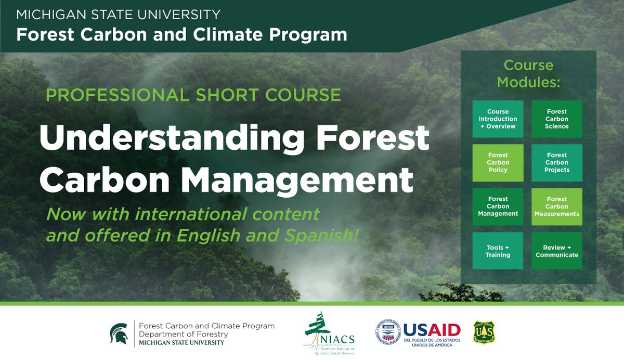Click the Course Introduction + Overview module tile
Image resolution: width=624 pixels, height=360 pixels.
(x=498, y=119)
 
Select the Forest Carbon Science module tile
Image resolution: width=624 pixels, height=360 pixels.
(x=556, y=119)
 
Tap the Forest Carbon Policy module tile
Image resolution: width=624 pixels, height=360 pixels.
(x=498, y=163)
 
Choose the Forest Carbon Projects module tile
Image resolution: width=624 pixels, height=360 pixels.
(x=556, y=163)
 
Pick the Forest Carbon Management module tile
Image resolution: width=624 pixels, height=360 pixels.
(x=498, y=207)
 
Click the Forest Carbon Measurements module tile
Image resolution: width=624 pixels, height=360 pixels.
(x=556, y=207)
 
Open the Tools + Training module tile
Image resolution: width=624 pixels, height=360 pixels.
(x=498, y=251)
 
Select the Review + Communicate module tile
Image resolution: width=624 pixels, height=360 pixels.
(x=556, y=251)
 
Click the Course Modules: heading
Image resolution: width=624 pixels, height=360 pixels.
(x=528, y=73)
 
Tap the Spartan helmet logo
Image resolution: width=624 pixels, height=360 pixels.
(x=119, y=333)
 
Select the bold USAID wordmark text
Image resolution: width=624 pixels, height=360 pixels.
(x=432, y=330)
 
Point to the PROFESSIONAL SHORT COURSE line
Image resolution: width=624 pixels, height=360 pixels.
(x=193, y=95)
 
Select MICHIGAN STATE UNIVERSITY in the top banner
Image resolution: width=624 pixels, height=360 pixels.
(x=118, y=15)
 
